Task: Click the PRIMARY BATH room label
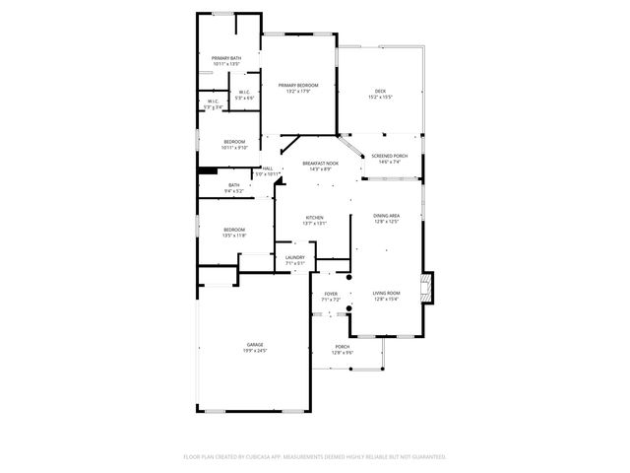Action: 226,58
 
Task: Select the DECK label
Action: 380,91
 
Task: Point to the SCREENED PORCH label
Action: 389,156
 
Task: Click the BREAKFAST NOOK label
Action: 320,163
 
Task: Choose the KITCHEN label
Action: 315,218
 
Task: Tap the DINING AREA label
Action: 386,216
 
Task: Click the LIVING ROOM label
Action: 386,294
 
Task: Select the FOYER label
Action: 331,294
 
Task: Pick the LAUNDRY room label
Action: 295,257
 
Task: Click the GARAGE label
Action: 255,344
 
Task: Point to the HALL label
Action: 268,169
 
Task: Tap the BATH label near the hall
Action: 234,185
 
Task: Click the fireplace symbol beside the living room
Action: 426,287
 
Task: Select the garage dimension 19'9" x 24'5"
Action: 255,351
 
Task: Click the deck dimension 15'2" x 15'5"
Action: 380,98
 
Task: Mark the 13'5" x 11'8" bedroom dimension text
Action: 234,236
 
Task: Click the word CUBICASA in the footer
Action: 261,457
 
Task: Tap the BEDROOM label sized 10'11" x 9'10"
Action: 234,142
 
